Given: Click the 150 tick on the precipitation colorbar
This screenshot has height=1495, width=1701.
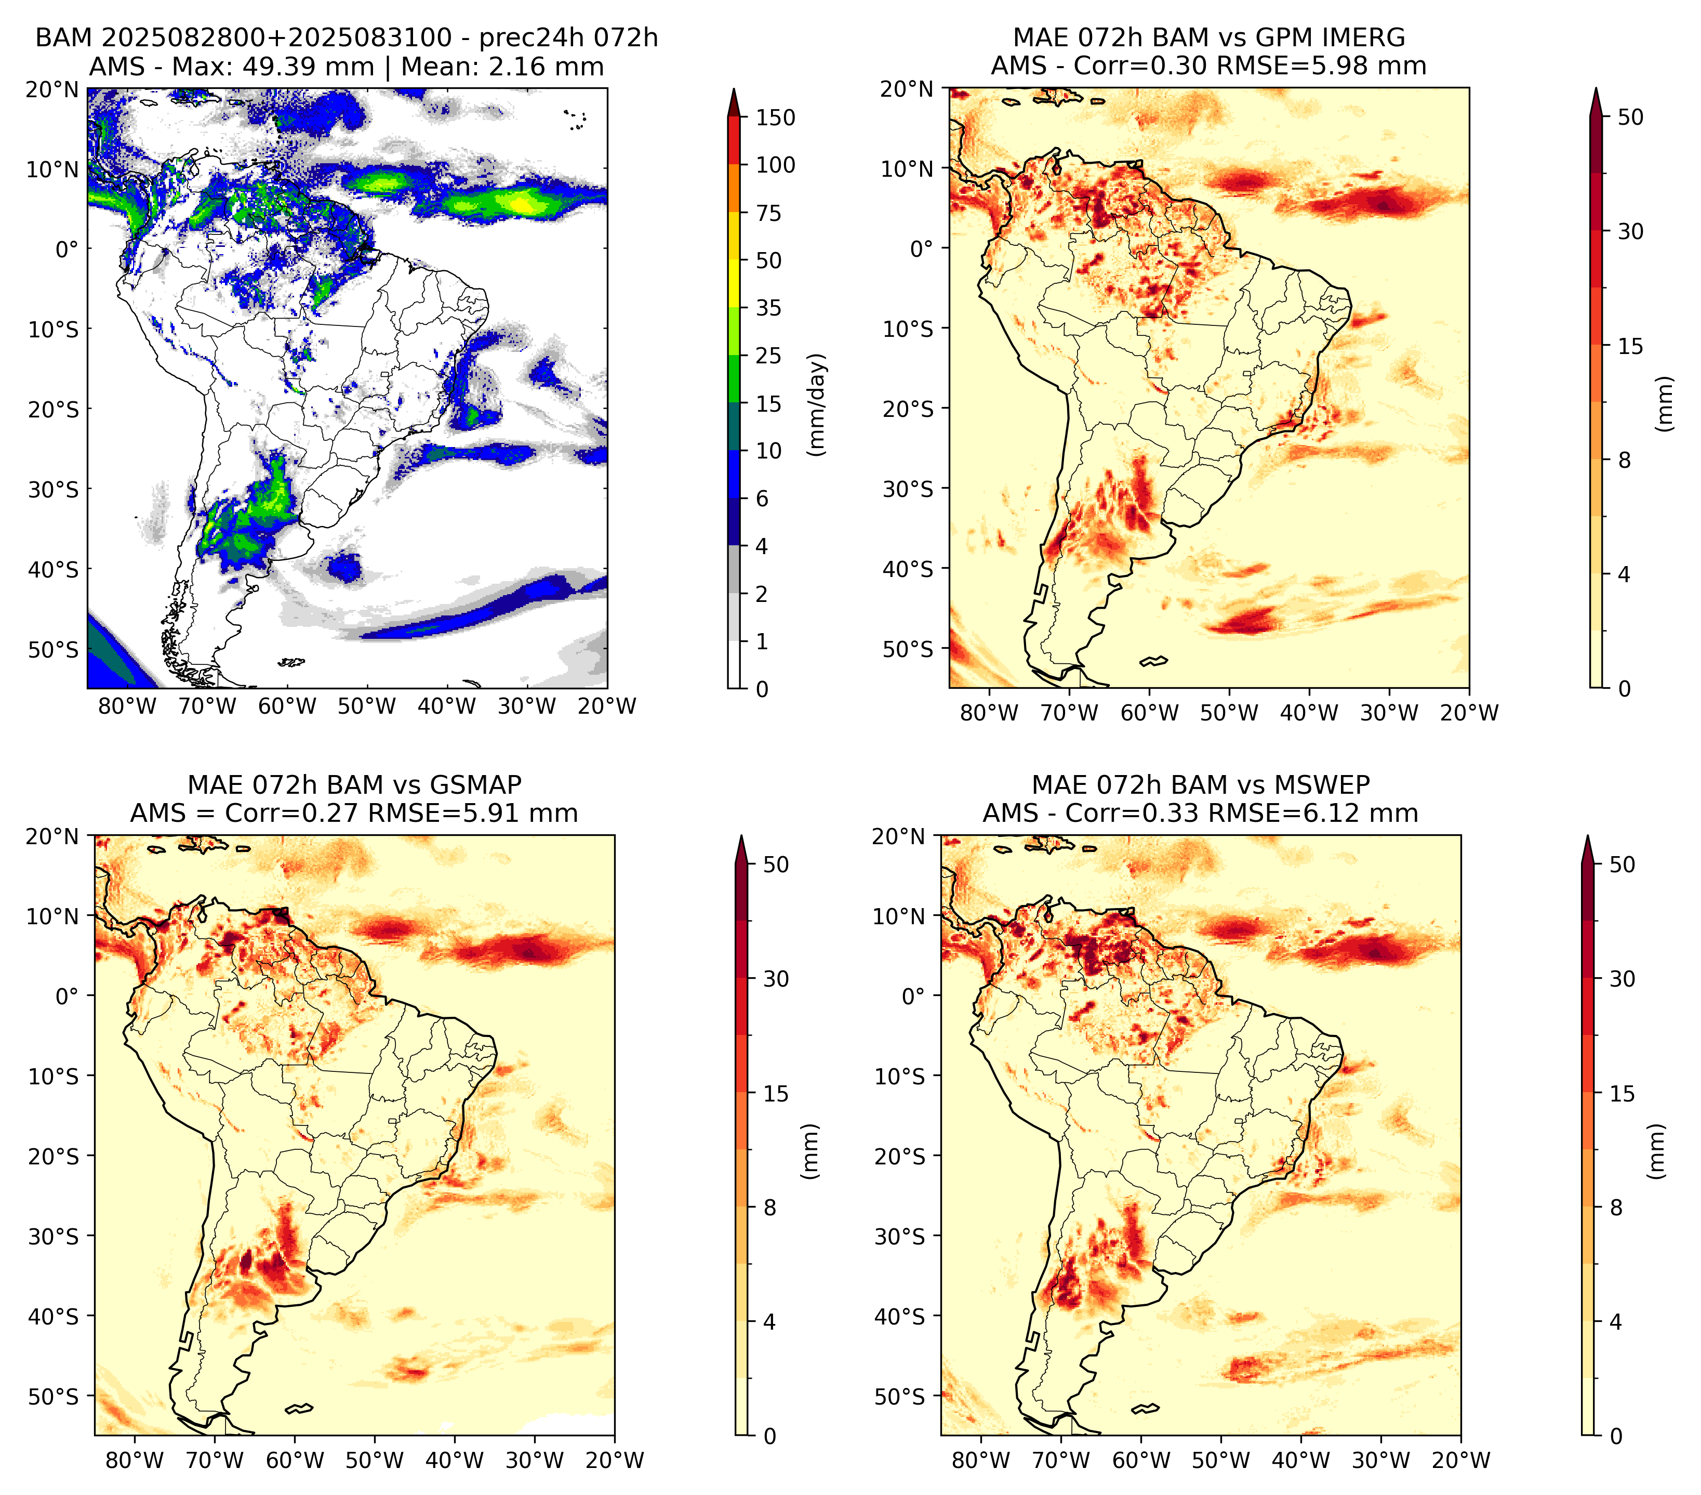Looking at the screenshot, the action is click(x=775, y=117).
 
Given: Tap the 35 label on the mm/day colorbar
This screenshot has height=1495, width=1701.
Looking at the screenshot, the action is click(x=768, y=308).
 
